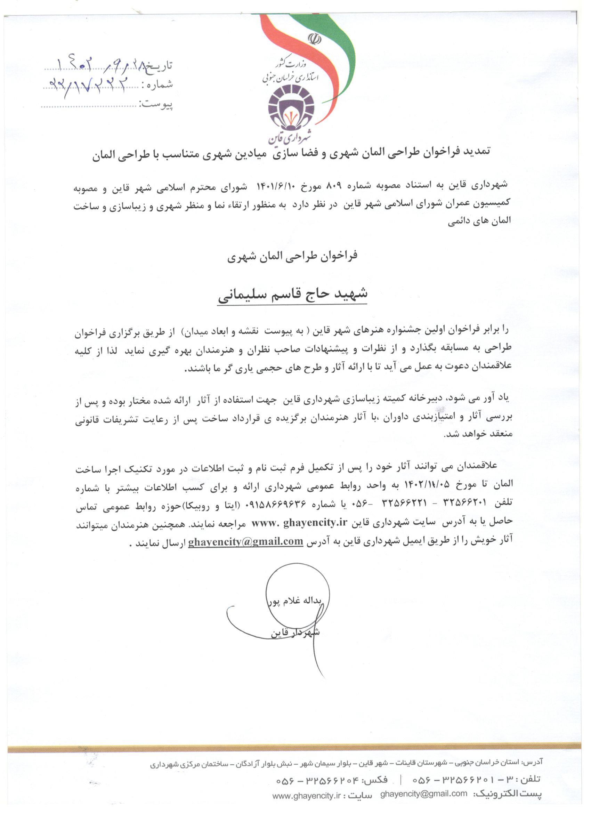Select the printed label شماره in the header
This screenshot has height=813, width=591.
coord(157,85)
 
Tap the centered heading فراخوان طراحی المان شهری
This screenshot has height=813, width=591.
coord(292,256)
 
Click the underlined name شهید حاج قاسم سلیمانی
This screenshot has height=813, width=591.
coord(292,294)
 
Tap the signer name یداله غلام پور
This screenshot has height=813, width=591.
coord(297,601)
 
